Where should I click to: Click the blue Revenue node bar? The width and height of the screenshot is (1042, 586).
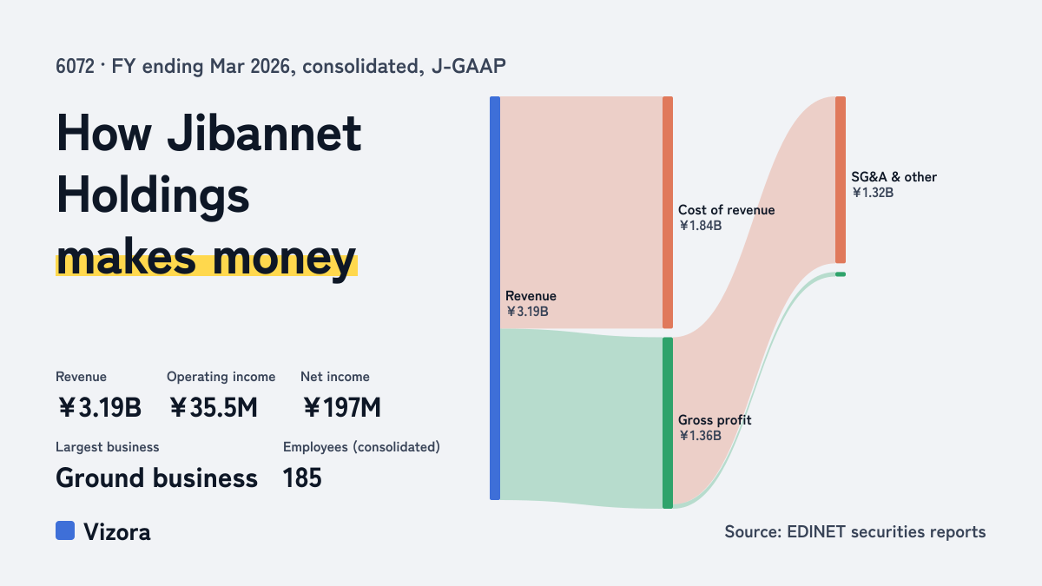pyautogui.click(x=495, y=298)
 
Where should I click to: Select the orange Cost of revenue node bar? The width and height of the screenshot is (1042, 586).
pyautogui.click(x=668, y=212)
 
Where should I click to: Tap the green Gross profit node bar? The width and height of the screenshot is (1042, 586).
pyautogui.click(x=668, y=423)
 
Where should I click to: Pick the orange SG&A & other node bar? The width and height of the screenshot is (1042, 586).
pyautogui.click(x=841, y=180)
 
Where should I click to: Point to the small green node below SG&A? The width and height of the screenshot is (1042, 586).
pyautogui.click(x=841, y=274)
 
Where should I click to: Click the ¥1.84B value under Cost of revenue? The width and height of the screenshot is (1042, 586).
pyautogui.click(x=700, y=226)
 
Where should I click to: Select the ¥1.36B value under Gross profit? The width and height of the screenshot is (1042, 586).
pyautogui.click(x=700, y=436)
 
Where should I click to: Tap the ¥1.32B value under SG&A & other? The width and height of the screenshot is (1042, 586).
pyautogui.click(x=873, y=193)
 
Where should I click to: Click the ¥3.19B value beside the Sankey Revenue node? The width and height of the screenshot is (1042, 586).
pyautogui.click(x=527, y=312)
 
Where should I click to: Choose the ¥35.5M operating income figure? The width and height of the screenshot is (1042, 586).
pyautogui.click(x=213, y=408)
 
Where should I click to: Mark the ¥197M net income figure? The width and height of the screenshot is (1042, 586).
pyautogui.click(x=342, y=408)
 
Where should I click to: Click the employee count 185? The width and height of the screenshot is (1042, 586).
pyautogui.click(x=302, y=478)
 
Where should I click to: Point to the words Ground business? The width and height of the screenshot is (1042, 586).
pyautogui.click(x=156, y=478)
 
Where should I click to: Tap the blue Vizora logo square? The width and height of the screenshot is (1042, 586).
pyautogui.click(x=65, y=530)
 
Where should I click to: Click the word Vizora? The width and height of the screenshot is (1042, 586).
pyautogui.click(x=116, y=532)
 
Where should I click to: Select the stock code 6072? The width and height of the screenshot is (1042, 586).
pyautogui.click(x=75, y=67)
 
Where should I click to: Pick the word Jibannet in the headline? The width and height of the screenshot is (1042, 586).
pyautogui.click(x=264, y=134)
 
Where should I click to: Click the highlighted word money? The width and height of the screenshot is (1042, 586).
pyautogui.click(x=284, y=260)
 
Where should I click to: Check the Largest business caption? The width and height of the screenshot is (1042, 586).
pyautogui.click(x=108, y=447)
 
